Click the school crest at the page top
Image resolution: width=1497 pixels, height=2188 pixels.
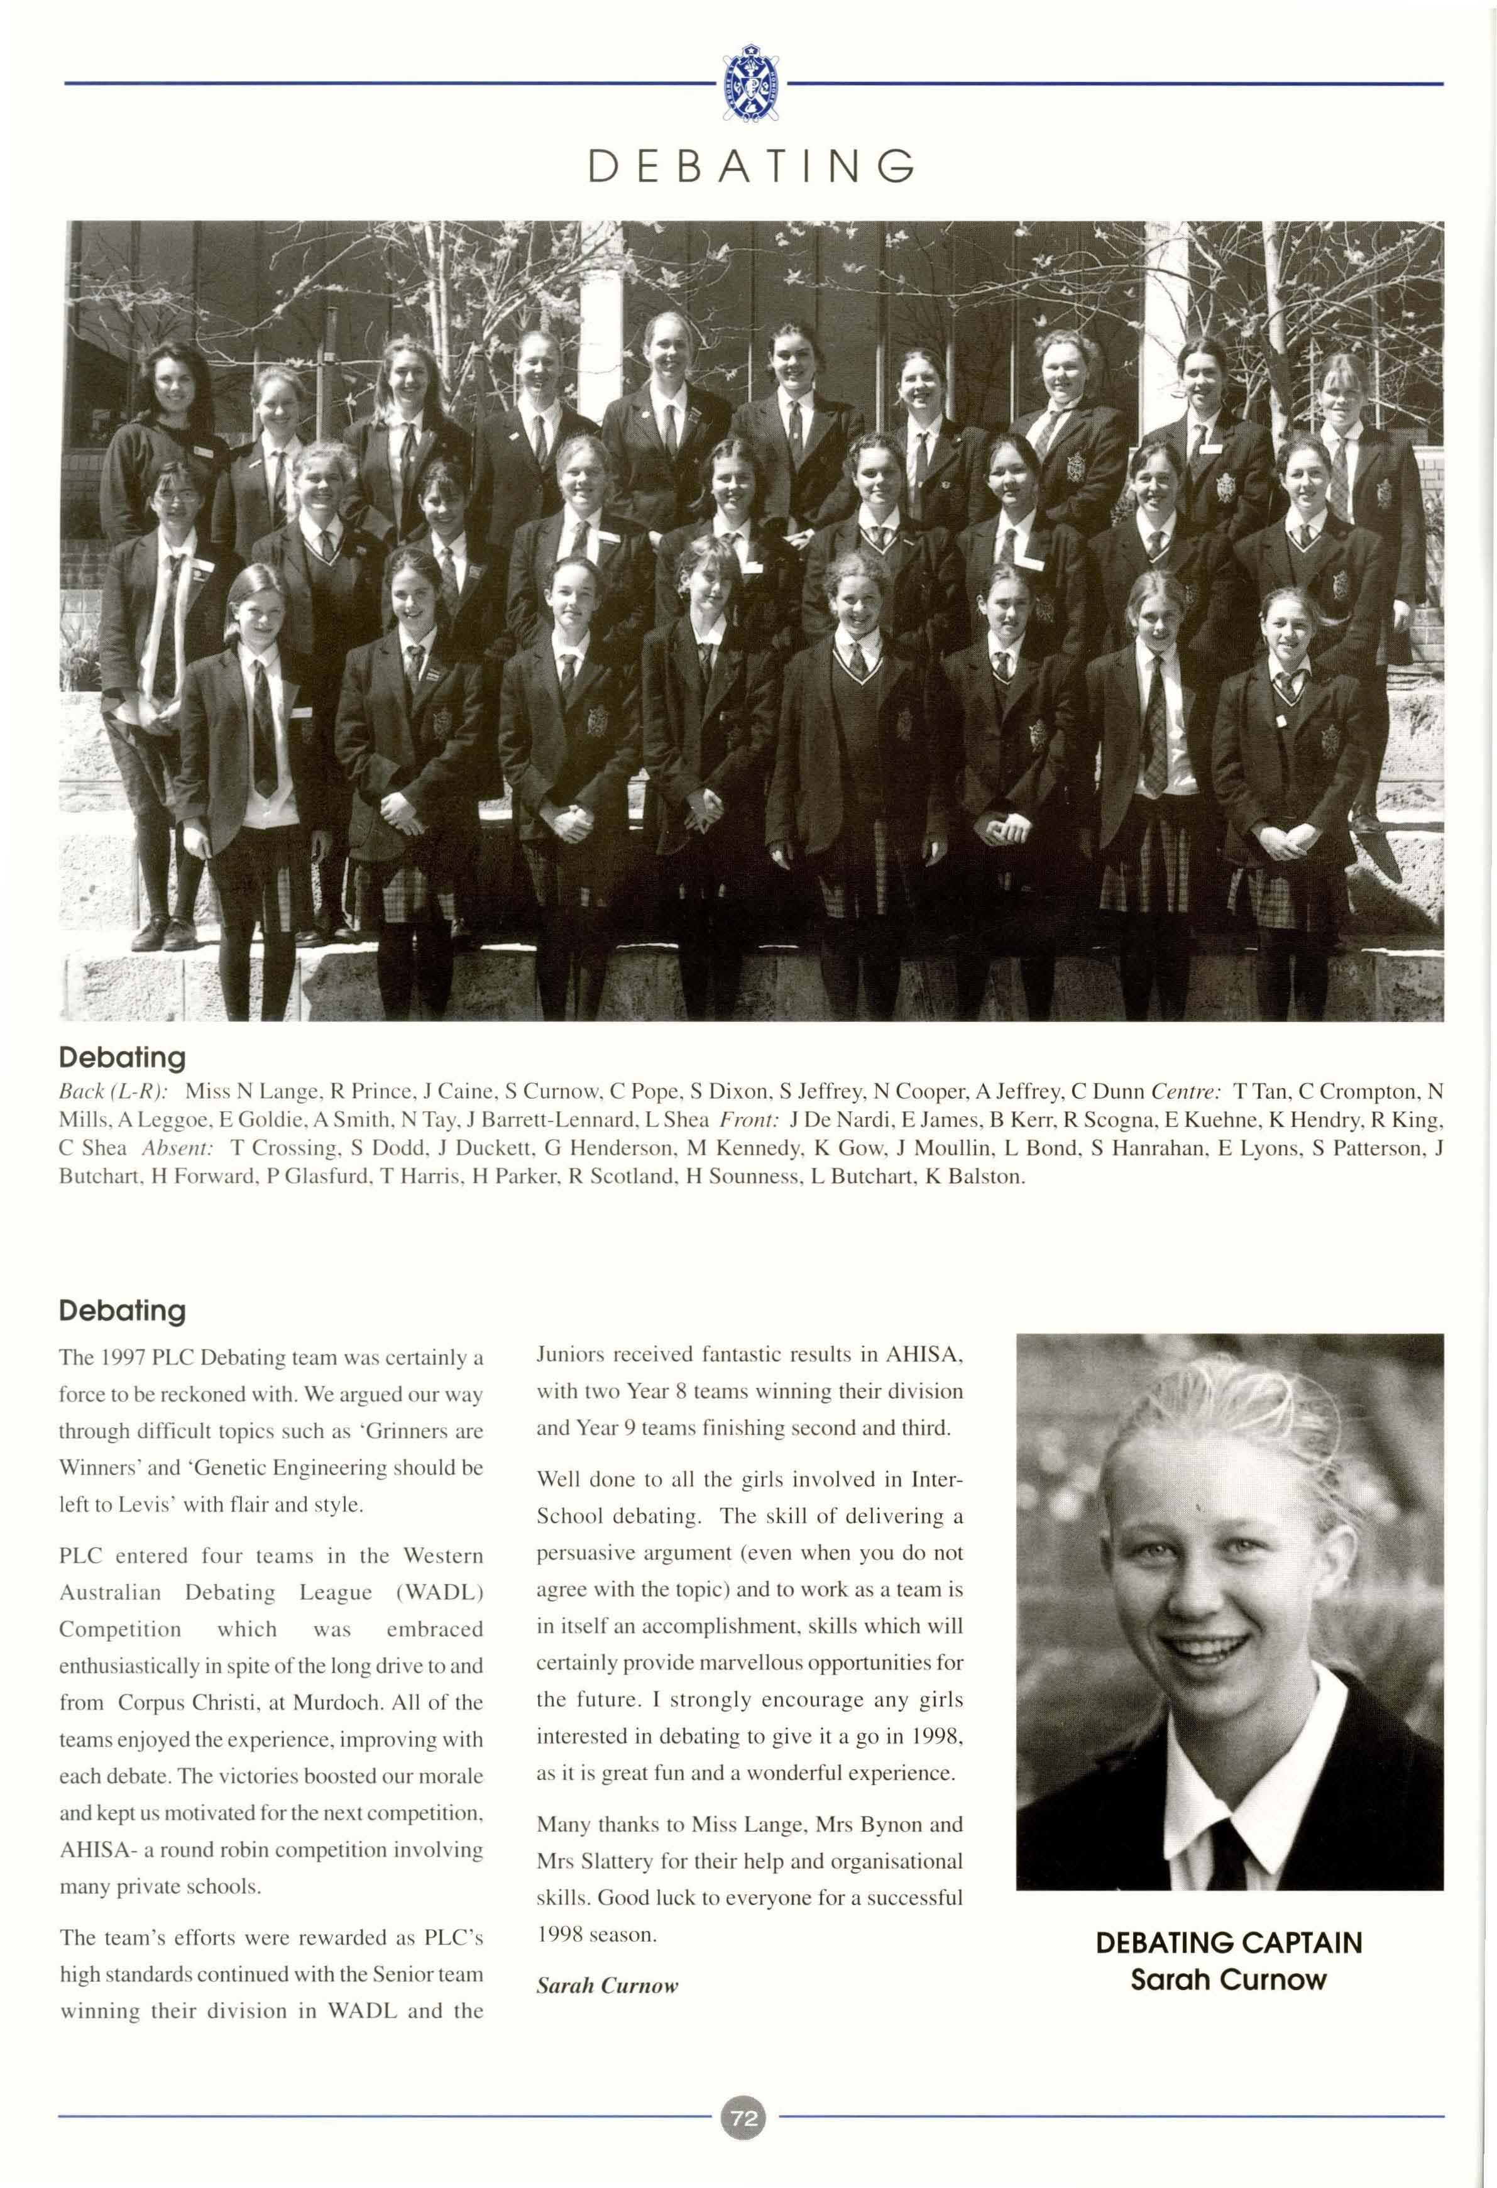pyautogui.click(x=750, y=83)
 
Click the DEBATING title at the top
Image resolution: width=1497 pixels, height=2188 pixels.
pyautogui.click(x=750, y=167)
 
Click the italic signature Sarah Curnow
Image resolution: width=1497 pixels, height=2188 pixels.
pyautogui.click(x=607, y=1986)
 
